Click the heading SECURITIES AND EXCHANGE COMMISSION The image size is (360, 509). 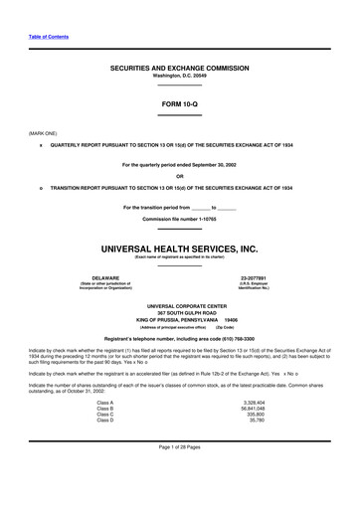[x=179, y=67]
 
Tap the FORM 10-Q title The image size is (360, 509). [x=179, y=103]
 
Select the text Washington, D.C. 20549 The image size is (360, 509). [x=179, y=76]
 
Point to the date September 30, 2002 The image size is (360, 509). [x=220, y=165]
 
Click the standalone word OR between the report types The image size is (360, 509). [x=179, y=176]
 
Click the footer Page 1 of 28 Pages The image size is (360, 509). [x=179, y=482]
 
